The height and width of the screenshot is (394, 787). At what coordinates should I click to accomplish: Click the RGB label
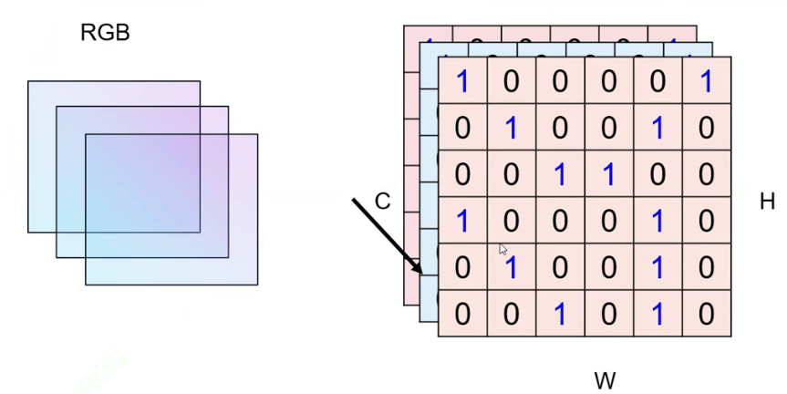click(105, 35)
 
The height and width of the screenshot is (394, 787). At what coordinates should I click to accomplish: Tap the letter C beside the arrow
click(382, 202)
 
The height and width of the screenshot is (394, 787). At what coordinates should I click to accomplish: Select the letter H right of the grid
click(768, 202)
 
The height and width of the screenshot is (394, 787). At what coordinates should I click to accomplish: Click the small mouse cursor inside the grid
click(502, 249)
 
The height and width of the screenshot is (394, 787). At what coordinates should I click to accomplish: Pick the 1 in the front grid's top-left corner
click(462, 81)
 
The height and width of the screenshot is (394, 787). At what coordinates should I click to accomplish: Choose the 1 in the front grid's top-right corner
click(706, 81)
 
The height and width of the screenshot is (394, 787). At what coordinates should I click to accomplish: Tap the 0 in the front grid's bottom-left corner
click(462, 314)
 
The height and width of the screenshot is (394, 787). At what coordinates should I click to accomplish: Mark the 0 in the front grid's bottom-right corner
click(706, 314)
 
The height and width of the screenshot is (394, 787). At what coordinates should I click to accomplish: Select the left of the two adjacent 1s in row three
click(560, 174)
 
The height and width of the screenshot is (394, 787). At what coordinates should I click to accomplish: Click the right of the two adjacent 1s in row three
click(608, 174)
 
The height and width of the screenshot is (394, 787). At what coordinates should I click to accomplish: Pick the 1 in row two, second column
click(511, 128)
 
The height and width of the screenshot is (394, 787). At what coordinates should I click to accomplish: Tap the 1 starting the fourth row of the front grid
click(462, 221)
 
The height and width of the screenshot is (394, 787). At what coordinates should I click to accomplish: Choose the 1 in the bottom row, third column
click(560, 314)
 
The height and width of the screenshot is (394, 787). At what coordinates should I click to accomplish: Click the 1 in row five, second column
click(511, 267)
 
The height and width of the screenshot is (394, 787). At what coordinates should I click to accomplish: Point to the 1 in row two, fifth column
click(658, 128)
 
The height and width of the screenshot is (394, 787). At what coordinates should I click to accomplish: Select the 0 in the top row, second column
click(511, 81)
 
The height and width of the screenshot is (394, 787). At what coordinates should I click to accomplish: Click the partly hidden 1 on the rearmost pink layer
click(670, 38)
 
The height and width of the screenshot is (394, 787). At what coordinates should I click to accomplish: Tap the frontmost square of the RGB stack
click(171, 210)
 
